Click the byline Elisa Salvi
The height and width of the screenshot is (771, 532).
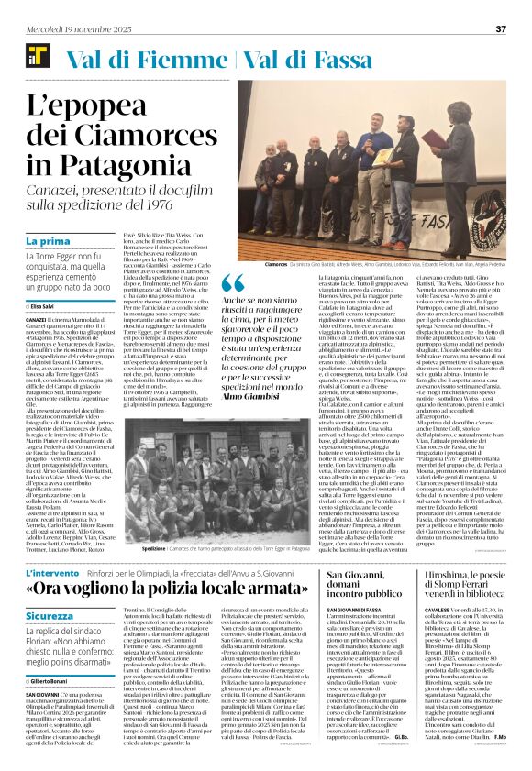click(43, 305)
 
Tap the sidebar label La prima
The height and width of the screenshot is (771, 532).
click(46, 241)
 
